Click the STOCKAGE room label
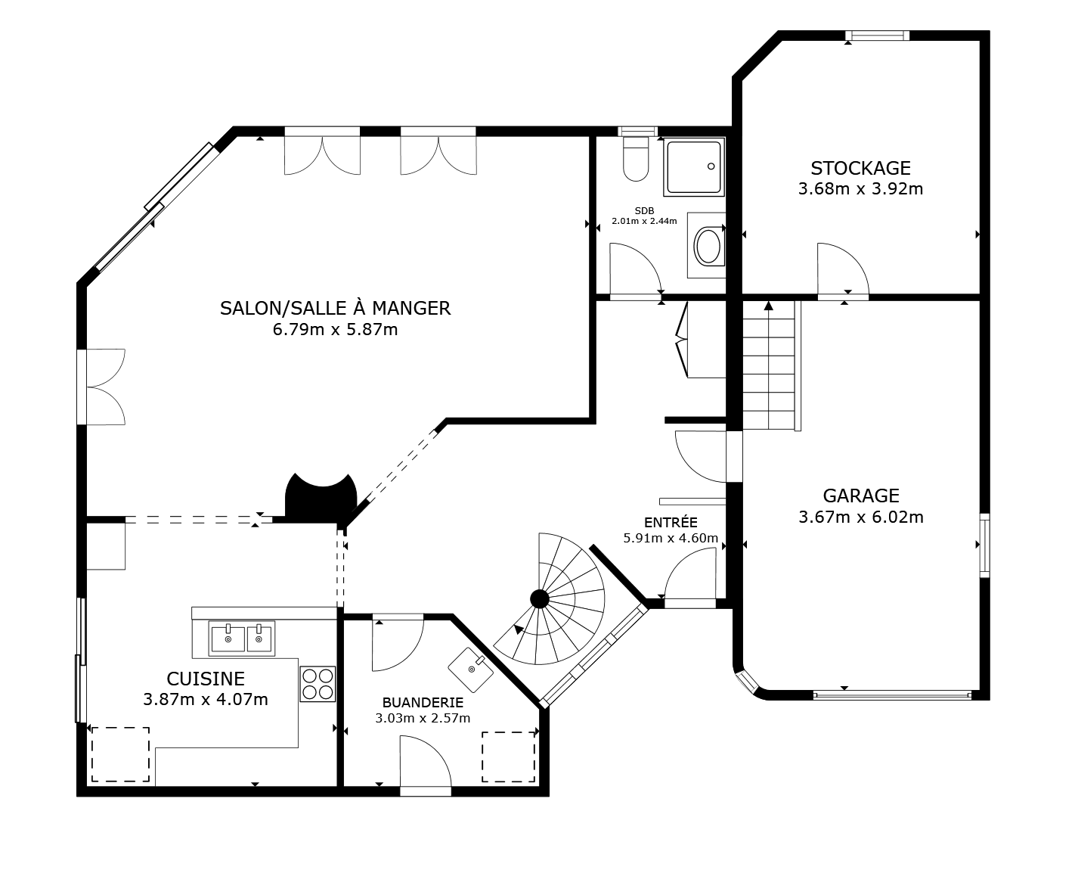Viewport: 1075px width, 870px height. pyautogui.click(x=860, y=168)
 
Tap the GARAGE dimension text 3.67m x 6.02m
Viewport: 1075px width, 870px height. pyautogui.click(x=860, y=517)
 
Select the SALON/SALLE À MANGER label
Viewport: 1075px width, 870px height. pyautogui.click(x=335, y=308)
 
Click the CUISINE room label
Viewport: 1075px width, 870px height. pyautogui.click(x=206, y=678)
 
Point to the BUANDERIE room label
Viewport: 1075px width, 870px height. pyautogui.click(x=423, y=702)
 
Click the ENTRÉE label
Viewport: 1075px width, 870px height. pyautogui.click(x=671, y=522)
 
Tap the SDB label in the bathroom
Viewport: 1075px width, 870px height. pyautogui.click(x=644, y=211)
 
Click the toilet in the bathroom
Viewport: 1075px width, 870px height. pyautogui.click(x=636, y=158)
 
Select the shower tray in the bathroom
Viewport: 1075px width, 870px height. pyautogui.click(x=694, y=166)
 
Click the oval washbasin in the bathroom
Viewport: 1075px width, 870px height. pyautogui.click(x=708, y=246)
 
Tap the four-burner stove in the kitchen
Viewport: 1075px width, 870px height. pyautogui.click(x=318, y=683)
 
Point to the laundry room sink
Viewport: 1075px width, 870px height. pyautogui.click(x=471, y=669)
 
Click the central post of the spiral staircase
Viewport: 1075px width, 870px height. pyautogui.click(x=539, y=599)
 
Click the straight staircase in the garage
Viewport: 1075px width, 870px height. pyautogui.click(x=770, y=365)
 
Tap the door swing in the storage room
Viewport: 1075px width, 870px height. pyautogui.click(x=841, y=268)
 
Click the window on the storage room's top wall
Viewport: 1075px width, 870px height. pyautogui.click(x=877, y=36)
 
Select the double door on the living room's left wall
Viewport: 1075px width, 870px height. pyautogui.click(x=103, y=387)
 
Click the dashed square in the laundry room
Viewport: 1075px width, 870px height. pyautogui.click(x=509, y=757)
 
